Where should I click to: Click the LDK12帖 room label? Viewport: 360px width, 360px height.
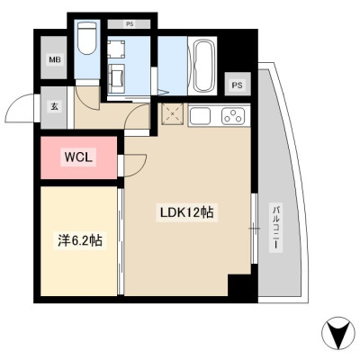coord(186,212)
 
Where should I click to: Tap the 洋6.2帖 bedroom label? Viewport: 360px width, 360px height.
coord(80,240)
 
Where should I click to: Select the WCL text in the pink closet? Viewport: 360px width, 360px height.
coord(78,157)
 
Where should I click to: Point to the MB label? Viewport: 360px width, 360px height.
coord(55,59)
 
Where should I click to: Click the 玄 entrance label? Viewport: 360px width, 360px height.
coord(54,106)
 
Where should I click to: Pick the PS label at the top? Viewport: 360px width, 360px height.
coord(130,24)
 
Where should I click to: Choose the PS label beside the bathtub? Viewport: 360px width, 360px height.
coord(237,85)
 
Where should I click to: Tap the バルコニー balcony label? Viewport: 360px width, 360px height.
coord(276,227)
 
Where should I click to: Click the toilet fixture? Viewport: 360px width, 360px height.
coord(87,38)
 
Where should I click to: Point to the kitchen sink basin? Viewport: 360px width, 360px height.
coord(200,115)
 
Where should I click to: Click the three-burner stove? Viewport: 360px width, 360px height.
coord(233,115)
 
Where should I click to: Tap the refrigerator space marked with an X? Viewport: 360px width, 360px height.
coord(172,114)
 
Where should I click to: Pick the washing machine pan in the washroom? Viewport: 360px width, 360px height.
coord(116,49)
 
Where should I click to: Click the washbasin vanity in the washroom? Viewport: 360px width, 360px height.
coord(116,78)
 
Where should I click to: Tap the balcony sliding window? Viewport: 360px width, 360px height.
coord(255,229)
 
